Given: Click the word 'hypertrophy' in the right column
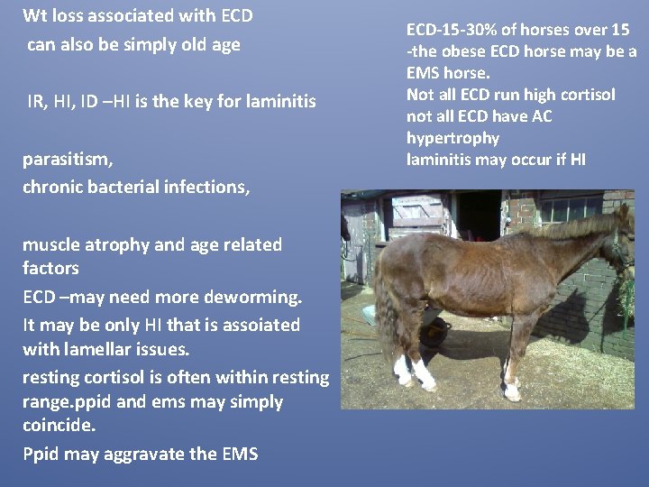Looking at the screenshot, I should click(453, 138).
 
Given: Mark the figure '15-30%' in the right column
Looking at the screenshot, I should click(471, 30).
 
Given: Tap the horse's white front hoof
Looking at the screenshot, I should click(512, 391).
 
